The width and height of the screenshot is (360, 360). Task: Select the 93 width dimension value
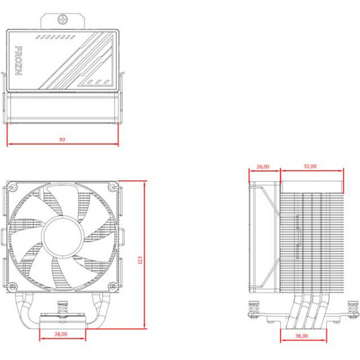pos(62,139)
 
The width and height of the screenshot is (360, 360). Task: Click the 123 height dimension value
pos(140,259)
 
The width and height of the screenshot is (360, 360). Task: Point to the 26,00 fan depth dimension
pos(263,167)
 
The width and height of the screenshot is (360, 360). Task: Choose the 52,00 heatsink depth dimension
pos(310,167)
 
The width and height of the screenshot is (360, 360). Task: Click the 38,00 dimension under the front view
pos(61,334)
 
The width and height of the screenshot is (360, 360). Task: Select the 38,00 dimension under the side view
pos(302,336)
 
